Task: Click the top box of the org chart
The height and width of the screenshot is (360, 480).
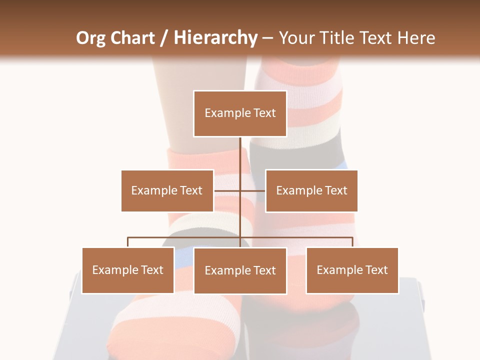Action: point(240,113)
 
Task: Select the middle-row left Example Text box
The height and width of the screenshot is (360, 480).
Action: point(167,190)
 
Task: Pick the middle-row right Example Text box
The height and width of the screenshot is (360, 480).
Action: point(311,190)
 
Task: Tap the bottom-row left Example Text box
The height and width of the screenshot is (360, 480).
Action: point(128,270)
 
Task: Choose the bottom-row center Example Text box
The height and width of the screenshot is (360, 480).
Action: point(240,270)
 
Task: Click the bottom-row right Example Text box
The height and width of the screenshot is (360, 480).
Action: point(352,270)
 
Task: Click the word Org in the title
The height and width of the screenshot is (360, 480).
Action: point(90,38)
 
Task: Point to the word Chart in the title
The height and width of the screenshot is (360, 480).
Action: point(132,38)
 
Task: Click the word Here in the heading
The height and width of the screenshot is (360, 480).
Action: point(416,38)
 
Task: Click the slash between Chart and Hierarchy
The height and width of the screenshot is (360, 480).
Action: point(164,38)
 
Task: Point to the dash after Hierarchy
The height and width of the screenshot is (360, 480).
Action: point(268,38)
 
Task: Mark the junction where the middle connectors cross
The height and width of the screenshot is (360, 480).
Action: point(240,190)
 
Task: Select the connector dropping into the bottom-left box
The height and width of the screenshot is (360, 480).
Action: point(128,242)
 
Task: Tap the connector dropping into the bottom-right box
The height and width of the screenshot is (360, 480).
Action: point(352,242)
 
